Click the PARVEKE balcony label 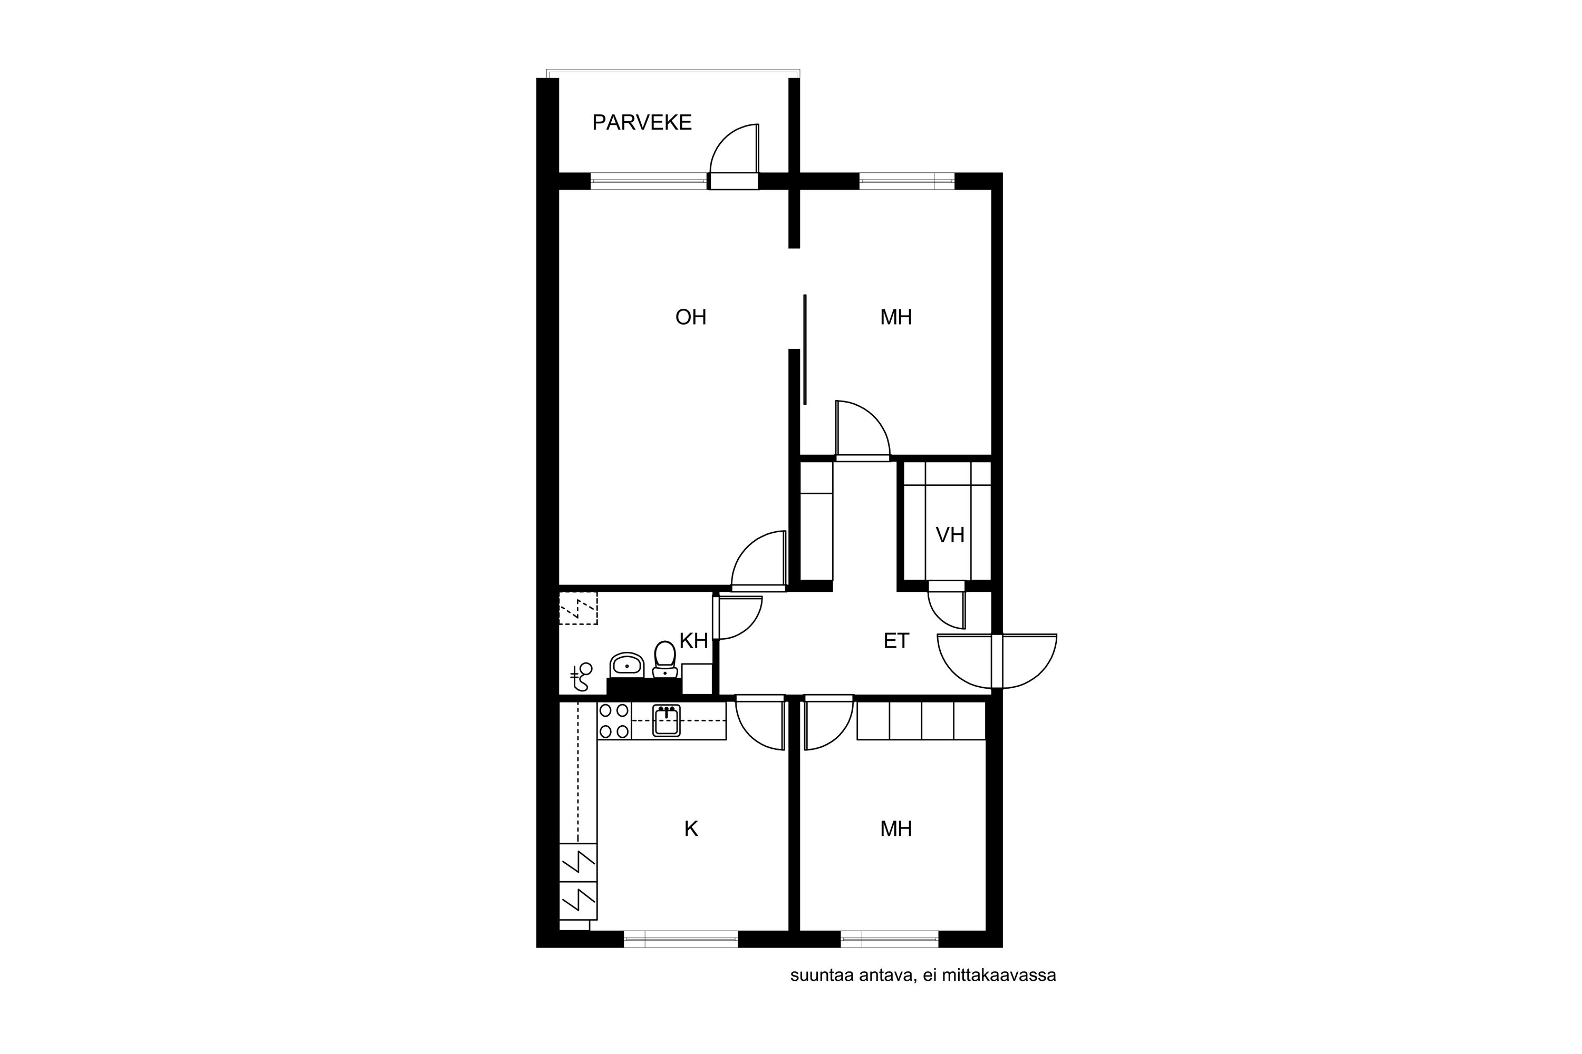point(642,122)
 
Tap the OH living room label point(691,317)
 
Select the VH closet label point(950,535)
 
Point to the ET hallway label point(896,641)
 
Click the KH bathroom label point(693,641)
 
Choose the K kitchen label point(691,829)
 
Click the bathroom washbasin point(627,666)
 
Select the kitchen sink point(666,720)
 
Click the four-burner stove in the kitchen point(614,720)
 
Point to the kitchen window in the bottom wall point(681,939)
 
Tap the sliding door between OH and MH point(805,349)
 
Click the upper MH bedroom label point(896,317)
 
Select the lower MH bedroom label point(896,829)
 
